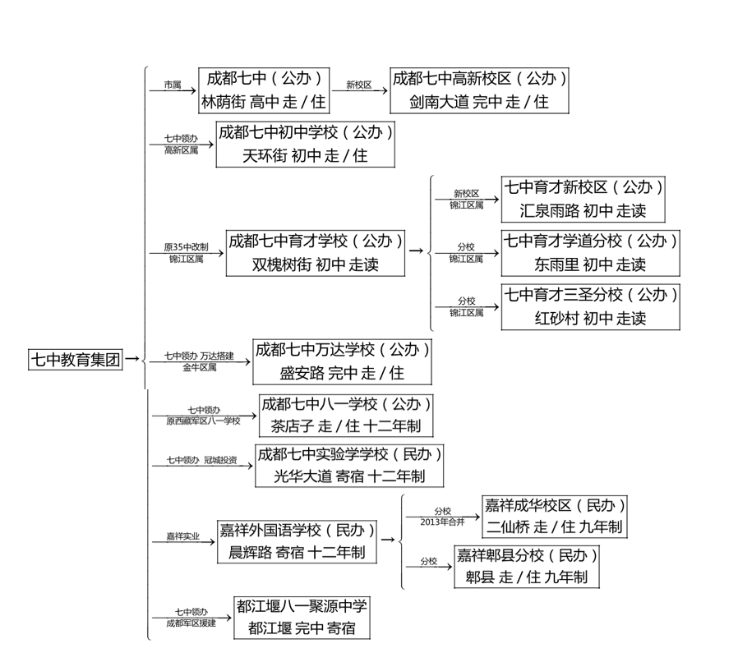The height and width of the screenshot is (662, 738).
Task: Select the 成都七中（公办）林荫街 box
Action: coord(265,90)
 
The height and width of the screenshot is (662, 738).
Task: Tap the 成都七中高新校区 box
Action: coord(479,90)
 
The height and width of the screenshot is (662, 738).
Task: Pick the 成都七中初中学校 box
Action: coord(305,144)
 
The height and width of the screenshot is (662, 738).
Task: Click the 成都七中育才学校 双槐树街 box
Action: coord(316,253)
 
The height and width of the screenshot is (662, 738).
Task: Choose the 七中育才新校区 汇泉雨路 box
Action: coord(583,199)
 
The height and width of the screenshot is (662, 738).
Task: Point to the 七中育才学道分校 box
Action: coord(591,252)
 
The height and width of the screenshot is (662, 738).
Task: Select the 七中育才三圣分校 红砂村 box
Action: coord(591,306)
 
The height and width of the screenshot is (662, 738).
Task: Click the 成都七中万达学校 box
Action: coord(342,361)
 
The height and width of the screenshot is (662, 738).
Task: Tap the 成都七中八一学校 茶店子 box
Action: coord(346,416)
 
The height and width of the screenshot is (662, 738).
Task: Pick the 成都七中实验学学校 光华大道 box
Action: coord(350,465)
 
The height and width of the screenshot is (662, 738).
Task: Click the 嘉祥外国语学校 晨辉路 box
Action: coord(297,541)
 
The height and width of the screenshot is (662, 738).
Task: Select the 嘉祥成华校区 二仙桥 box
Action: coord(555,516)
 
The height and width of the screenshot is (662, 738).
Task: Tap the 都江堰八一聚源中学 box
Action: coord(301,618)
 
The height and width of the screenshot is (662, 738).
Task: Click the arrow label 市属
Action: coord(172,85)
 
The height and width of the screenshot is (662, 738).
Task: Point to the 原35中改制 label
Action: coord(186,246)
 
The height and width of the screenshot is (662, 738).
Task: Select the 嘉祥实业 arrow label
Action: coord(182,536)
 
